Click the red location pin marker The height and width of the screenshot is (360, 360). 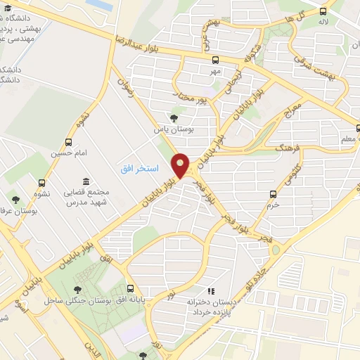coord(181,166)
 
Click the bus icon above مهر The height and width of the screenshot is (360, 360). coord(214,60)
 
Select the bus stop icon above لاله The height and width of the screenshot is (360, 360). coord(323,11)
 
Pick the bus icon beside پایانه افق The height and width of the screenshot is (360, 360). coord(131,288)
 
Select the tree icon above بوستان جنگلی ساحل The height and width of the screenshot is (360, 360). coord(77,288)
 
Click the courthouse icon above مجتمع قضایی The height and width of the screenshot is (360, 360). coord(86,181)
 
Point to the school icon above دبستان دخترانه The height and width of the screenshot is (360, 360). coord(209,290)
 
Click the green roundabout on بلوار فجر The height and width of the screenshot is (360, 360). coord(275,250)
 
